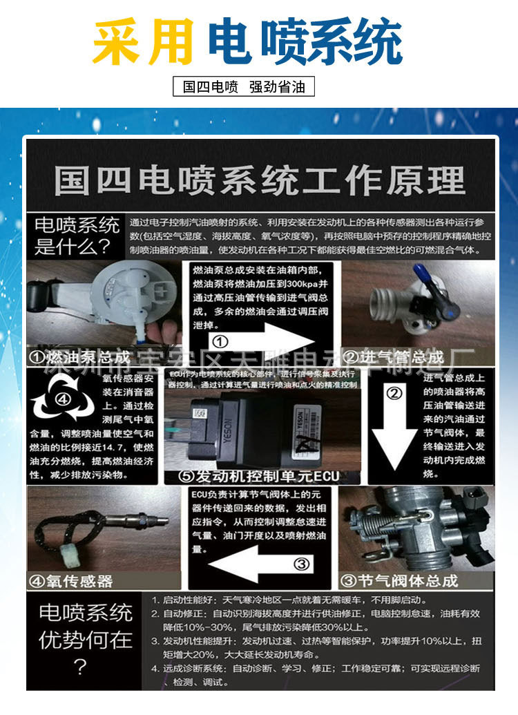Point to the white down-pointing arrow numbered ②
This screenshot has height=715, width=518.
pos(394,428)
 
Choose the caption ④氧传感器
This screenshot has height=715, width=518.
pos(70,580)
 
